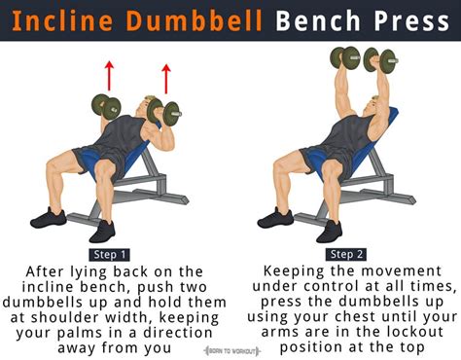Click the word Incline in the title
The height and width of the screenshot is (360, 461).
[57, 21]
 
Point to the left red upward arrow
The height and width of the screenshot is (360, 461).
[110, 73]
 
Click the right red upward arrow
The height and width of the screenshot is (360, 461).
[166, 77]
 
